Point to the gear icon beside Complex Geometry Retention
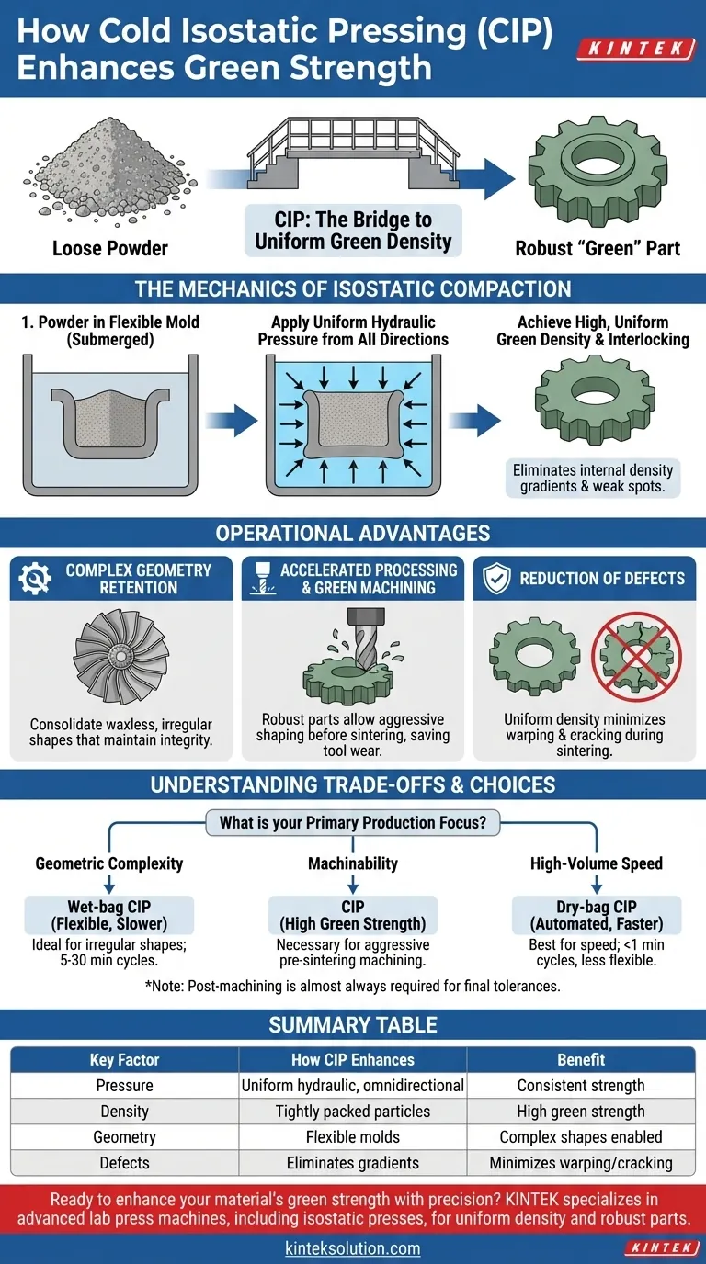[x=36, y=578]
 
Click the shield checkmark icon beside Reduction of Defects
[x=497, y=578]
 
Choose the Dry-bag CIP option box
[x=597, y=915]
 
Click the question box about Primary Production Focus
[x=353, y=823]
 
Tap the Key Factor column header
[x=124, y=1059]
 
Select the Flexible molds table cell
[x=352, y=1136]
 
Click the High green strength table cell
[x=580, y=1111]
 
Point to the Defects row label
[x=124, y=1162]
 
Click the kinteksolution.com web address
[x=352, y=1247]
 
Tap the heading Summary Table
[x=353, y=1024]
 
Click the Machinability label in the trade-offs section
[x=353, y=863]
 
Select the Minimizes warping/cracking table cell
[x=580, y=1162]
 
